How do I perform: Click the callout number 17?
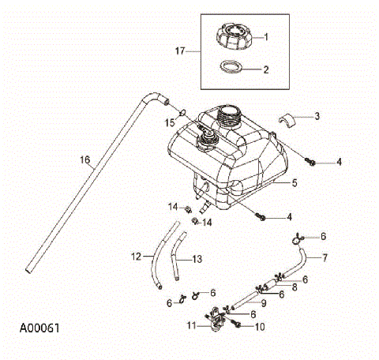(x=179, y=51)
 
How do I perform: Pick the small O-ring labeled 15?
(x=182, y=111)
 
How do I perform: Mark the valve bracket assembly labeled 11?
(x=215, y=315)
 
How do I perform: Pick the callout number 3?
(x=317, y=116)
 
